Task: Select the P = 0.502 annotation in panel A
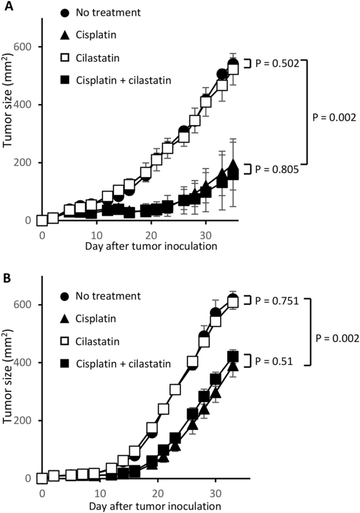click(276, 64)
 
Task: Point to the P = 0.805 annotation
click(276, 169)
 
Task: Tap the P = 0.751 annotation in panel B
click(277, 301)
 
